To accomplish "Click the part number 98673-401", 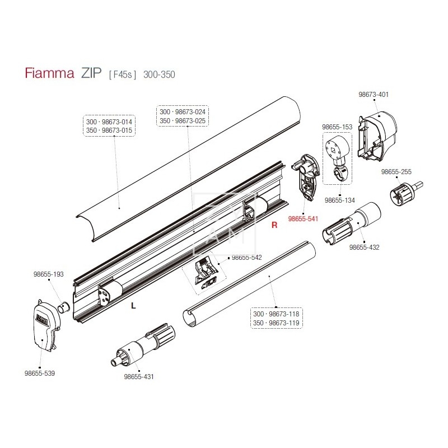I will coord(374,95).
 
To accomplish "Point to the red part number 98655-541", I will coord(303,219).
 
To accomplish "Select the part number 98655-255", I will coord(396,172).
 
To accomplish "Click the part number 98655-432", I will coord(365,247).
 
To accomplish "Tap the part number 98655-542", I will coord(247,258).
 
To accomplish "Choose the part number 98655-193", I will coord(49,274).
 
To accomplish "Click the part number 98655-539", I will coord(40,372).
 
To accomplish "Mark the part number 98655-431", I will coord(138,377).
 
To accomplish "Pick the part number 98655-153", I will coord(337,127).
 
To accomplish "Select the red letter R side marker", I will coord(274,226).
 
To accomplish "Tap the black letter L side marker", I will coord(133,306).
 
